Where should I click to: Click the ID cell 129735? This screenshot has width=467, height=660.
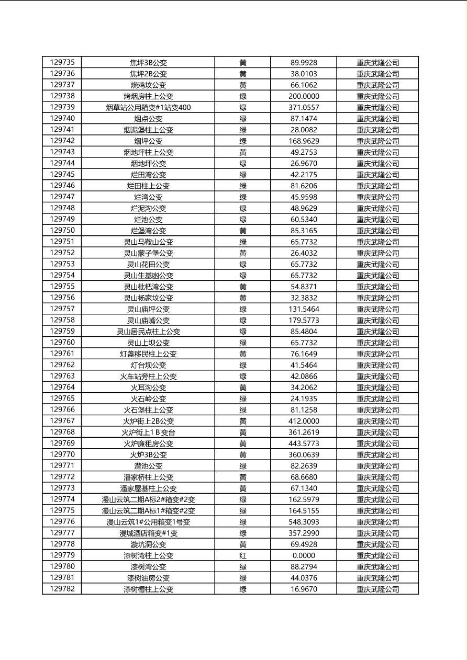click(x=62, y=62)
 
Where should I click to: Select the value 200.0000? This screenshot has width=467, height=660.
click(x=304, y=96)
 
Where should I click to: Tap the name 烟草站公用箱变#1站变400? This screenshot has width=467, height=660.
click(x=148, y=107)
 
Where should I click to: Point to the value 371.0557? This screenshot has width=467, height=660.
click(x=304, y=107)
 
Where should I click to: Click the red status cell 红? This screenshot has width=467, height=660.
click(x=243, y=555)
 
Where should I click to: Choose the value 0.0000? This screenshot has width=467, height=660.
click(x=304, y=555)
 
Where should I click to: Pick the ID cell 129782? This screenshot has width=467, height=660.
click(x=62, y=589)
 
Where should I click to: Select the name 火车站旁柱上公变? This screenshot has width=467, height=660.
click(x=148, y=376)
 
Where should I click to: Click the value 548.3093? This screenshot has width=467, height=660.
click(x=304, y=522)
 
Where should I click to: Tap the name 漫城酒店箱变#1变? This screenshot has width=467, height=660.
click(x=148, y=533)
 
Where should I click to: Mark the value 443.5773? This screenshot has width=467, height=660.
click(x=304, y=443)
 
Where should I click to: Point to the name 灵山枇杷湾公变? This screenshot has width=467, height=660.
click(x=148, y=287)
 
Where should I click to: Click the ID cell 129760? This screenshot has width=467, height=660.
click(x=62, y=343)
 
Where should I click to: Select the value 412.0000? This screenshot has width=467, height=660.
click(x=304, y=421)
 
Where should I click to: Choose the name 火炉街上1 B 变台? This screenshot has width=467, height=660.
click(x=148, y=432)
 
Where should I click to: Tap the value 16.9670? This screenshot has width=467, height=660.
click(x=304, y=589)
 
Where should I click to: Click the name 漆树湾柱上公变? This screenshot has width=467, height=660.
click(x=148, y=555)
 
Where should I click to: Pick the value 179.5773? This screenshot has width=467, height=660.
click(x=304, y=320)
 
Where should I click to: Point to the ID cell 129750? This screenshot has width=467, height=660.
click(x=62, y=231)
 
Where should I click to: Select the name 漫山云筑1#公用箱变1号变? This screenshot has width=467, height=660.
click(x=148, y=522)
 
